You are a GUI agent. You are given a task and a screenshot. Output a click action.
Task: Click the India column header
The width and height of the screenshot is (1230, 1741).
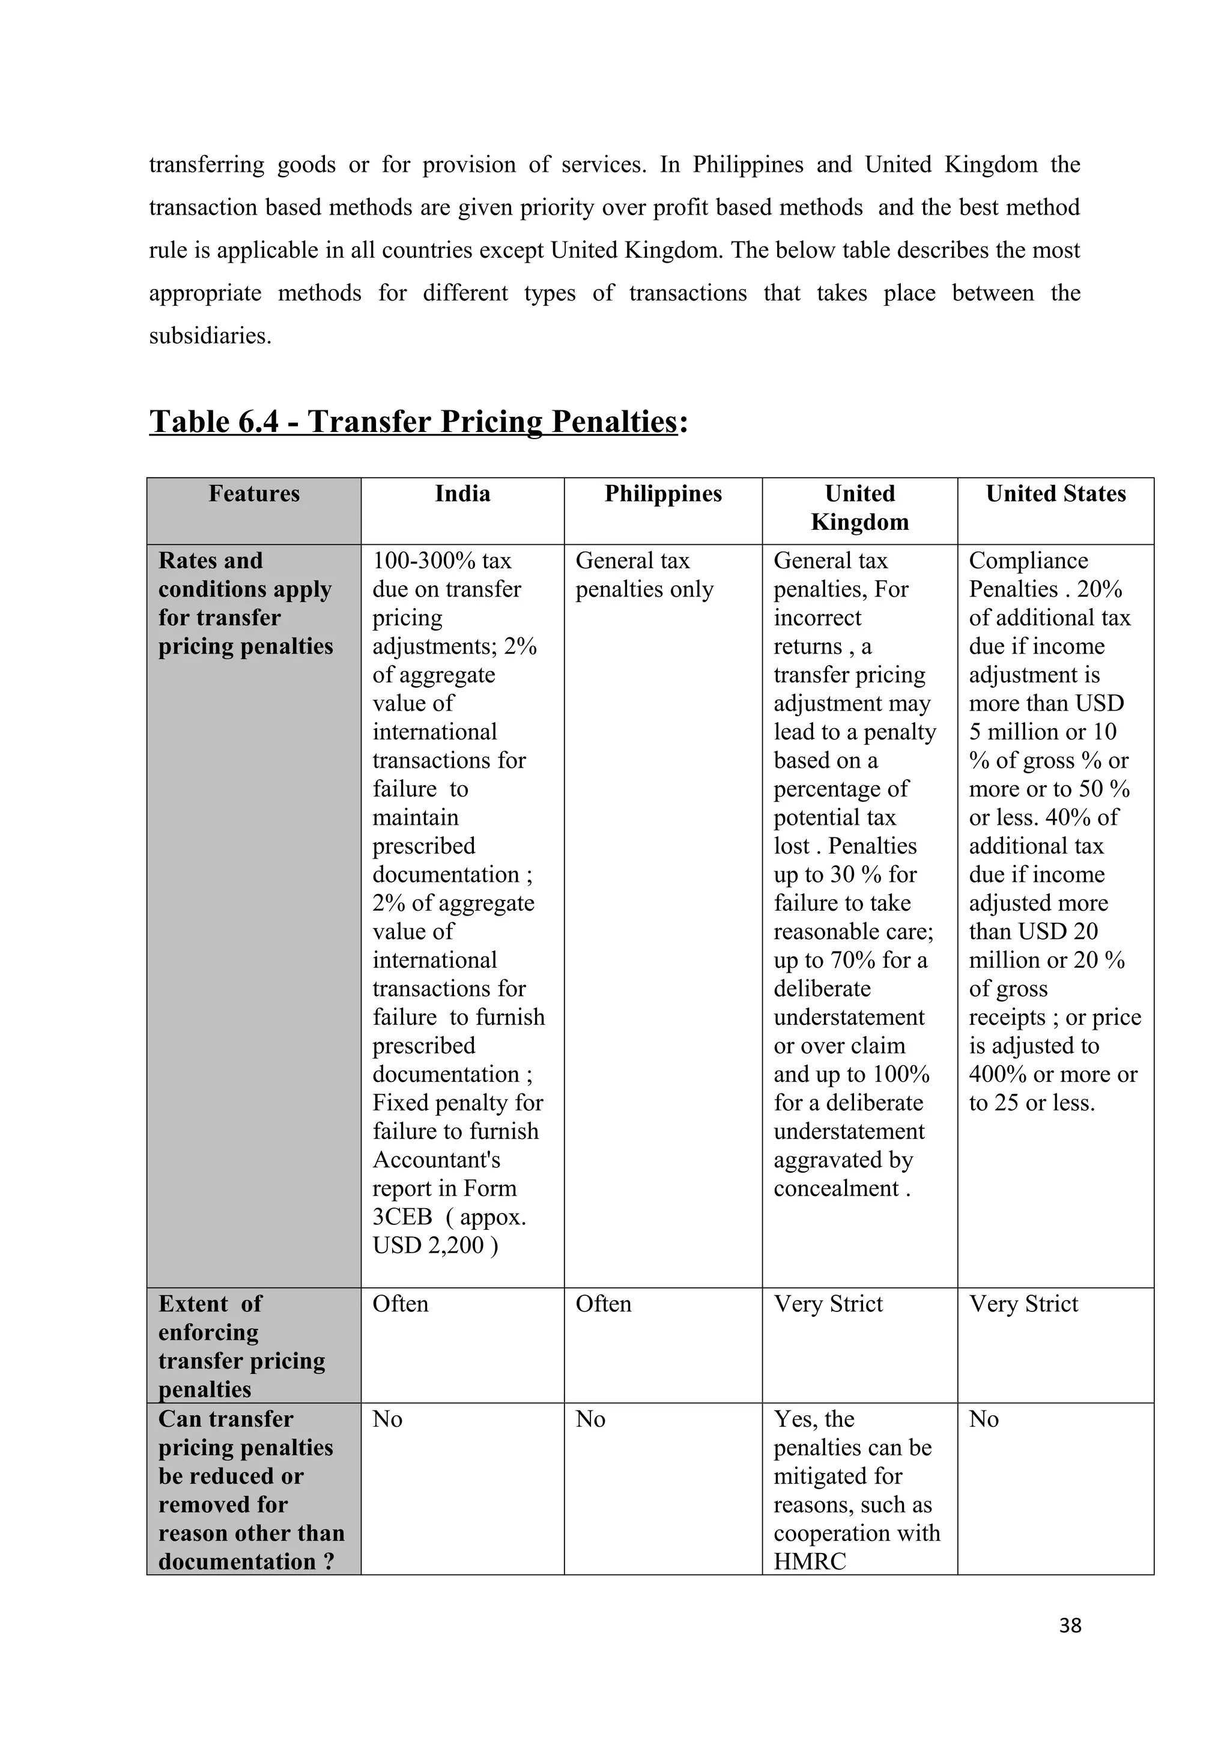pos(462,494)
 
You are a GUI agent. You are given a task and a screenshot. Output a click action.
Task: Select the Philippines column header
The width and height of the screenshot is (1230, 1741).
pos(663,494)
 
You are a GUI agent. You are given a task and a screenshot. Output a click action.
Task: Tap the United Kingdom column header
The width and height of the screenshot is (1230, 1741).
pos(859,507)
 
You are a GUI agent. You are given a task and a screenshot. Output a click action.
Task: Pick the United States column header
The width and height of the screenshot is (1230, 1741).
pos(1056,494)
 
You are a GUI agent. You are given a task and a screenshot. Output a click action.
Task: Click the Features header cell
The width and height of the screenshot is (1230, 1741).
pos(254,494)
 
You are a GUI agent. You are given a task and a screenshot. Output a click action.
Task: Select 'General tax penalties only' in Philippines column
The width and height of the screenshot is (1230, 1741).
pos(644,575)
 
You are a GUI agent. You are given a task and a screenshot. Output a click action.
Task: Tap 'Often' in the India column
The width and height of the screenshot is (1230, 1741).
pos(400,1304)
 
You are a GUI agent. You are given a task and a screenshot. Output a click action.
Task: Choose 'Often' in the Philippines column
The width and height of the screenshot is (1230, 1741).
pos(603,1304)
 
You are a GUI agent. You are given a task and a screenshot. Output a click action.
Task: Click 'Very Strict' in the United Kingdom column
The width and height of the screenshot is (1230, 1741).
pos(828,1304)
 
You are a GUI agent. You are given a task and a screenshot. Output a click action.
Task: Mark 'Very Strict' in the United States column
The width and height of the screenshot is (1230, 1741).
pos(1023,1304)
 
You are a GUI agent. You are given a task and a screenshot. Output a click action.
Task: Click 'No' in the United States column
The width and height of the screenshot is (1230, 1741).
pos(984,1419)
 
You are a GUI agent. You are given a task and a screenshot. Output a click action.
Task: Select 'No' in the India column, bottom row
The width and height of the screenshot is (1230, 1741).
pos(387,1419)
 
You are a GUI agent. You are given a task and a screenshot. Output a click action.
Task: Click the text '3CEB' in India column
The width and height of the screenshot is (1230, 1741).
pos(402,1217)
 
